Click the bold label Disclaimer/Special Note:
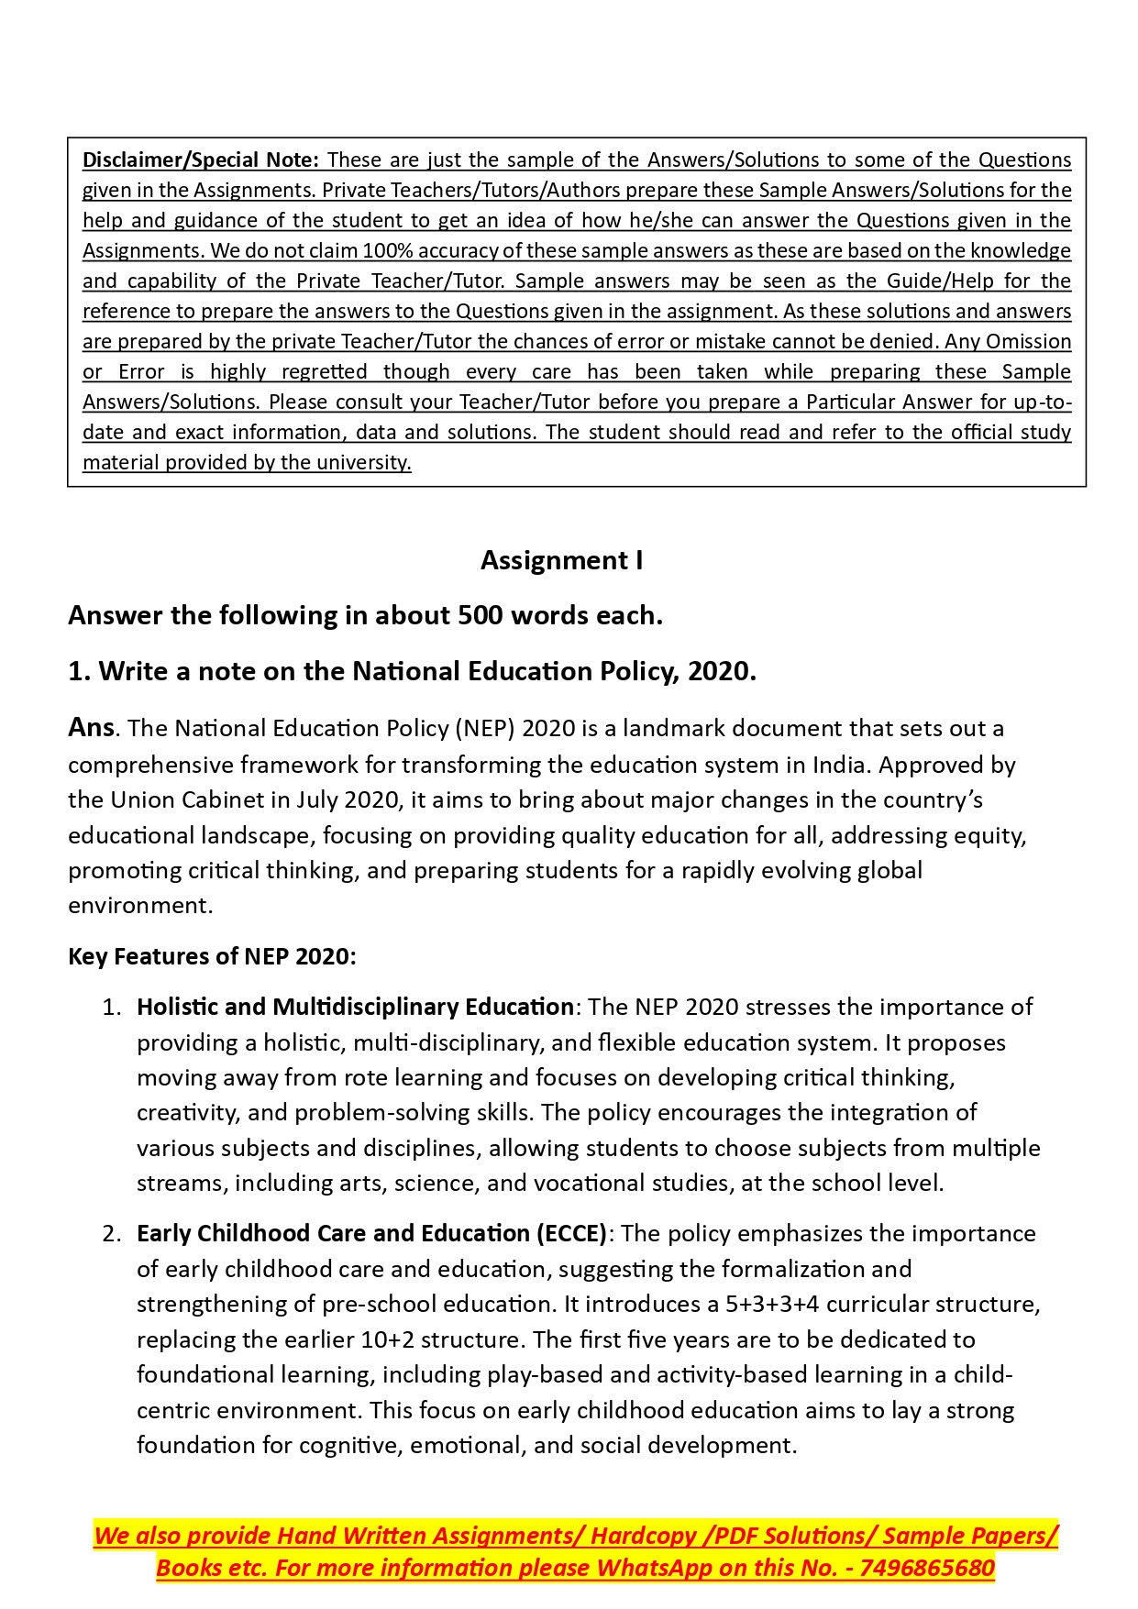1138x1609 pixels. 200,160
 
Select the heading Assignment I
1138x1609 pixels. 561,560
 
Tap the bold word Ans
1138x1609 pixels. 91,728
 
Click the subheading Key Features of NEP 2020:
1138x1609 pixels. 212,956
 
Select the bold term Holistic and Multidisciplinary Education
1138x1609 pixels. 355,1007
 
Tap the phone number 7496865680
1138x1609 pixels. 927,1568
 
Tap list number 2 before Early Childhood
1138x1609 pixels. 111,1233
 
